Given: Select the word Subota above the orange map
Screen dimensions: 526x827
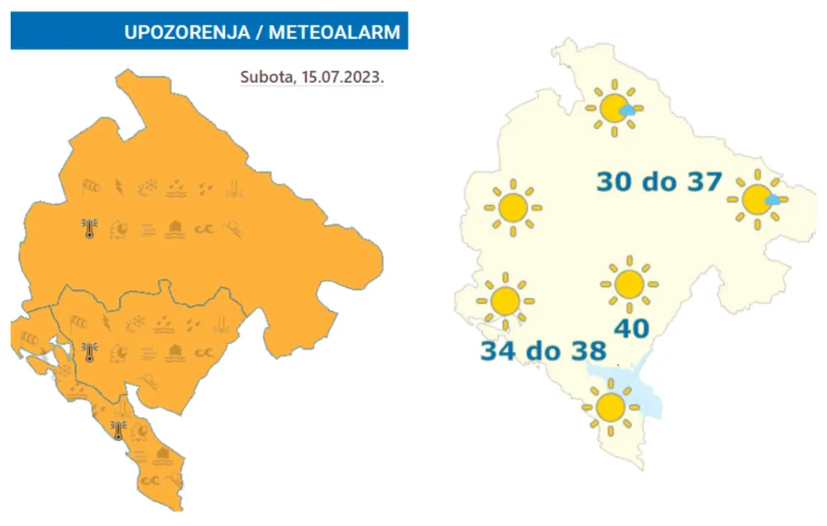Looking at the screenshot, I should click(264, 78).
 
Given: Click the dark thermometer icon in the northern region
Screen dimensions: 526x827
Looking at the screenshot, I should click(89, 228).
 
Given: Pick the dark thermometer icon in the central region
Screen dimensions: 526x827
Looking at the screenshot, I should click(89, 352).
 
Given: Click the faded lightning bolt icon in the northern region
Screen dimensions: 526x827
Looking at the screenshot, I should click(120, 187).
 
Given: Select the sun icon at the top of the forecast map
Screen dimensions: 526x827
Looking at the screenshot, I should click(614, 108).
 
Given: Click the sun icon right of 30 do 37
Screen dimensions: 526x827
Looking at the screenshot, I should click(756, 199).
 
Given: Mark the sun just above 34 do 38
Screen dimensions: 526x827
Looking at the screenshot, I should click(504, 299).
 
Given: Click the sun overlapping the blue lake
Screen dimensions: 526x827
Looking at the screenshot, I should click(610, 406).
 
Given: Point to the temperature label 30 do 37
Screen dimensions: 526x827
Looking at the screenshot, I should click(659, 181).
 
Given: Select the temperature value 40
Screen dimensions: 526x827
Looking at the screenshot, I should click(631, 328).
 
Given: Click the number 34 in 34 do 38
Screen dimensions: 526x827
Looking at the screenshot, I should click(500, 351).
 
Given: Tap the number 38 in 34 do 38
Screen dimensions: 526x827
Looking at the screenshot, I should click(587, 351).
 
